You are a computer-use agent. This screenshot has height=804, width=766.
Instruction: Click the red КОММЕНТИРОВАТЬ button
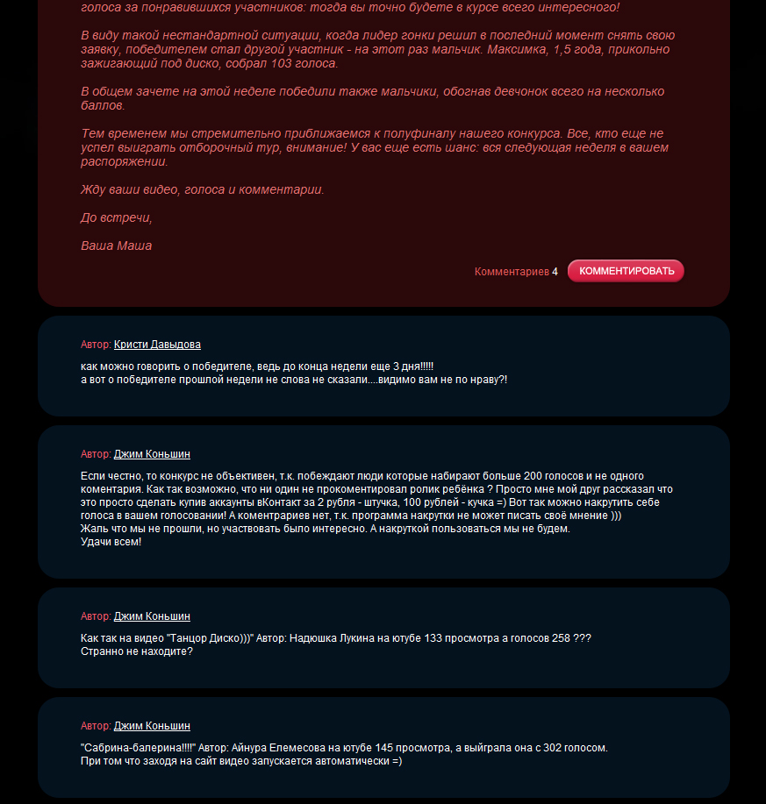coord(626,271)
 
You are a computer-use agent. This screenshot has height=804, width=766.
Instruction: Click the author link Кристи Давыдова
coord(157,345)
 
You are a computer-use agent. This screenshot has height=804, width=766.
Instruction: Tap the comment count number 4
coord(555,272)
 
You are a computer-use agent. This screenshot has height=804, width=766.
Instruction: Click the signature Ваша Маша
coord(116,245)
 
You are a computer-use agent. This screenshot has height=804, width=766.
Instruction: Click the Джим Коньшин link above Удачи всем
coord(152,454)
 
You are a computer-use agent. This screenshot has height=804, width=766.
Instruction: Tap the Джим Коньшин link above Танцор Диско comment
coord(152,616)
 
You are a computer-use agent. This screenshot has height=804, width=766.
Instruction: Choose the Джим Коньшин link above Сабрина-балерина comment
coord(152,726)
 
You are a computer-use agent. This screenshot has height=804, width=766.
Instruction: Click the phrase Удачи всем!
coord(111,542)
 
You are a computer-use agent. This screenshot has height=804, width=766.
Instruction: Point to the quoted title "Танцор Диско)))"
coord(210,638)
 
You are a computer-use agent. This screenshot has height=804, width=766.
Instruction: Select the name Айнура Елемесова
coord(278,748)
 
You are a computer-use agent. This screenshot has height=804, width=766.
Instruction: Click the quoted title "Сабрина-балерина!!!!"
coord(137,748)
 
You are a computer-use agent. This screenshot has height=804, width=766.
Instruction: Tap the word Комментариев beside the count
coord(512,272)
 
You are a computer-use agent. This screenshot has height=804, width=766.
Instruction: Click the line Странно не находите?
coord(136,651)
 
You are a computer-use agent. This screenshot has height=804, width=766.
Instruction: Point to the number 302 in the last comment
coord(528,748)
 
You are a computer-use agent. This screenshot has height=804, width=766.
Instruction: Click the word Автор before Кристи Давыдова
coord(95,345)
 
